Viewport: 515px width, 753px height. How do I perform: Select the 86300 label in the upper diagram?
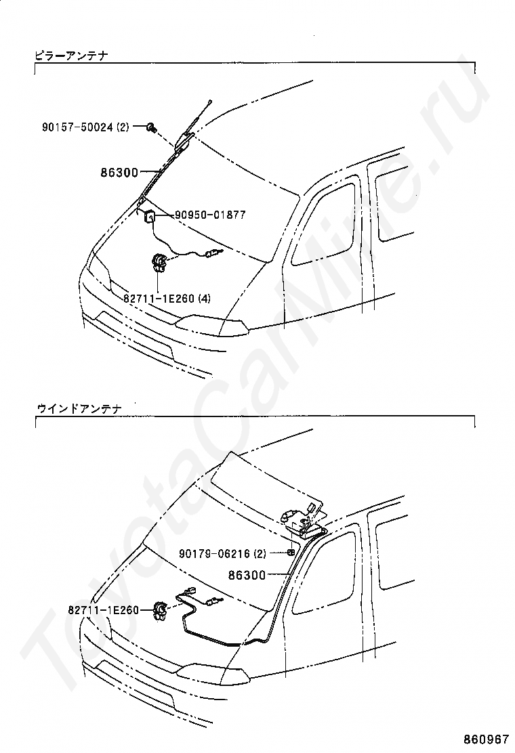pyautogui.click(x=121, y=173)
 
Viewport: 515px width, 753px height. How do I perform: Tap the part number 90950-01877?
pyautogui.click(x=210, y=215)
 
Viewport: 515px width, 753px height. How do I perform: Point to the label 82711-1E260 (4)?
pyautogui.click(x=167, y=297)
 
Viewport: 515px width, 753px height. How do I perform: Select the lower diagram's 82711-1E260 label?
pyautogui.click(x=103, y=610)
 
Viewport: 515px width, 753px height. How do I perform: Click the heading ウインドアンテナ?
pyautogui.click(x=78, y=408)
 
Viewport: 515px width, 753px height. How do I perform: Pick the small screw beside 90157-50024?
pyautogui.click(x=153, y=127)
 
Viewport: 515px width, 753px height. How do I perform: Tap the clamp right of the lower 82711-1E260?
pyautogui.click(x=161, y=611)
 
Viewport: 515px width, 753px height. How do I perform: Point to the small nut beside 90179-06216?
pyautogui.click(x=290, y=553)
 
